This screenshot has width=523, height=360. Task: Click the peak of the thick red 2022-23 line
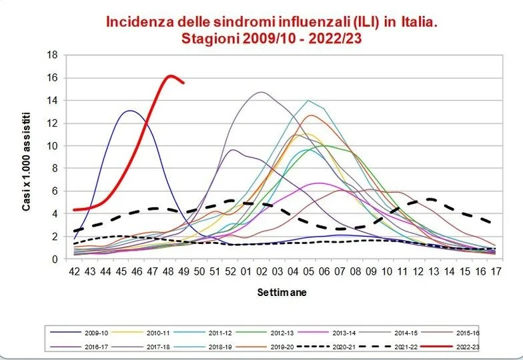tap(170, 76)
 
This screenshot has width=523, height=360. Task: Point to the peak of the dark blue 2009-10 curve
tap(129, 111)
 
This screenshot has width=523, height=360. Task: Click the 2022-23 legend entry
tap(450, 347)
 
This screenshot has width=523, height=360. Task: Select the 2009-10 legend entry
tap(79, 333)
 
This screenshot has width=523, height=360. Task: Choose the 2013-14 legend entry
tap(327, 333)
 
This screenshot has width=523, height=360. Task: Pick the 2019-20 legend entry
tap(266, 347)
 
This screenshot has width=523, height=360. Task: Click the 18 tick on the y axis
tap(52, 55)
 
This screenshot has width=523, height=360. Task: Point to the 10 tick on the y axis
tap(52, 145)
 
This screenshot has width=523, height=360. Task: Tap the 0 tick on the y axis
tap(55, 259)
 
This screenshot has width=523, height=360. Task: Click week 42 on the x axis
tap(75, 272)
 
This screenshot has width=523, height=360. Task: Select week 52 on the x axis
tap(231, 272)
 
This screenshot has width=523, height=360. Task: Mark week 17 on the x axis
tap(496, 272)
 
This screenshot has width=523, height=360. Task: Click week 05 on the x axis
tap(308, 272)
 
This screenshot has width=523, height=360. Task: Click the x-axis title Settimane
tap(282, 293)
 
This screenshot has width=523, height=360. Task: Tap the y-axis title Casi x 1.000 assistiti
tap(27, 162)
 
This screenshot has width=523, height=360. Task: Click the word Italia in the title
tap(419, 22)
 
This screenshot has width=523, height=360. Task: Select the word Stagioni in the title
tap(209, 39)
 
